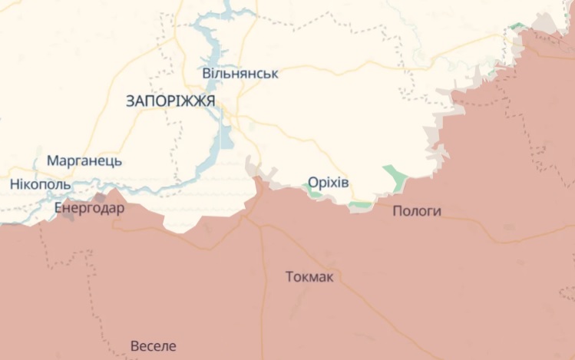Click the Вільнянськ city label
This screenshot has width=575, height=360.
[x=240, y=74]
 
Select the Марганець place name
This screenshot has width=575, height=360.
[x=84, y=161]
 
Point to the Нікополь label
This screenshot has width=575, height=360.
[x=41, y=185]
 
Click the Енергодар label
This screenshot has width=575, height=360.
[x=89, y=208]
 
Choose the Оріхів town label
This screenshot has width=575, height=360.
[x=328, y=182]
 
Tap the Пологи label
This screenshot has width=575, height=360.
[x=416, y=211]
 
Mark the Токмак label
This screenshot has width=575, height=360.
[x=309, y=276]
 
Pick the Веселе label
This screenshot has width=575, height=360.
[x=154, y=345]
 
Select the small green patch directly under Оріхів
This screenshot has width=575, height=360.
[x=315, y=193]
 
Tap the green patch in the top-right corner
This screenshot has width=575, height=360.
[x=519, y=27]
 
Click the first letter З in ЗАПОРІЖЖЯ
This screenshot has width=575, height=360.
[x=129, y=101]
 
